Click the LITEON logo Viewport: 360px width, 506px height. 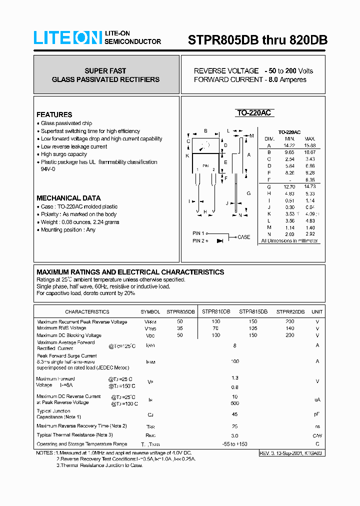coord(67,38)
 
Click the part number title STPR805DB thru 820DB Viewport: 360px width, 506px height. coord(257,40)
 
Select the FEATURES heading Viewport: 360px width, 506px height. coord(54,114)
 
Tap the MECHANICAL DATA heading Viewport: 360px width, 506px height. coord(68,198)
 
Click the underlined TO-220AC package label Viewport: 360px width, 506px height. coord(253,113)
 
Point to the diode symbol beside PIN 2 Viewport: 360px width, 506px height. coord(219,241)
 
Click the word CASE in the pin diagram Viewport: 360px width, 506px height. coord(243,237)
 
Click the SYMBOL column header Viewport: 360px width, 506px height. coord(150,311)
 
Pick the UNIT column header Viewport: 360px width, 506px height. coord(317,311)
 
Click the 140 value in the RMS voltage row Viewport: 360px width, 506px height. coord(290,328)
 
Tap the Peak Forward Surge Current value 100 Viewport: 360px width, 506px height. coord(234,361)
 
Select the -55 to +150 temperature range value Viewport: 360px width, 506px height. coord(234,444)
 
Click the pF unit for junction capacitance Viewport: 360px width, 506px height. coord(317,414)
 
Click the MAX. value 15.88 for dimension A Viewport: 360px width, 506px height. coord(310,145)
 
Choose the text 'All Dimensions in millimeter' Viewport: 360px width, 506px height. coord(289,241)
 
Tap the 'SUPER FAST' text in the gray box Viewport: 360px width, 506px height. coord(105,71)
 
